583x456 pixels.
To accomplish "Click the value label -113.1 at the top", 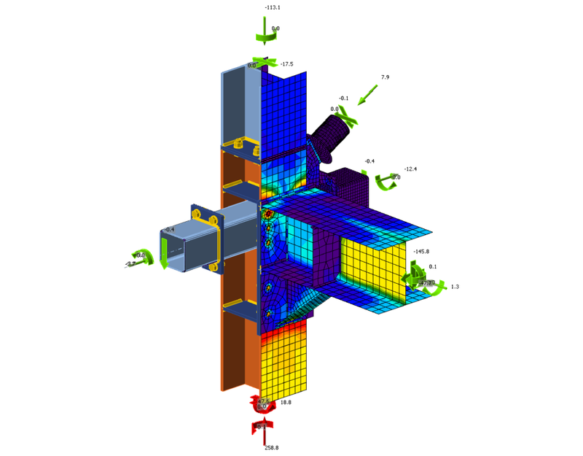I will [x=273, y=7].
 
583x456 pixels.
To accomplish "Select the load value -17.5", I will [x=286, y=64].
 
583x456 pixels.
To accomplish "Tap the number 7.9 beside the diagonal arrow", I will [x=386, y=77].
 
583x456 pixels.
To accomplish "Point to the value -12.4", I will [x=410, y=169].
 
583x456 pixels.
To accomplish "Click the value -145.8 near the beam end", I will [x=420, y=252].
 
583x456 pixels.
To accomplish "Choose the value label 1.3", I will [x=455, y=287].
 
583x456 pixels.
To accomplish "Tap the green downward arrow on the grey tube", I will [x=165, y=257].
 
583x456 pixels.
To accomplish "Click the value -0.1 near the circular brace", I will [x=343, y=98].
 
